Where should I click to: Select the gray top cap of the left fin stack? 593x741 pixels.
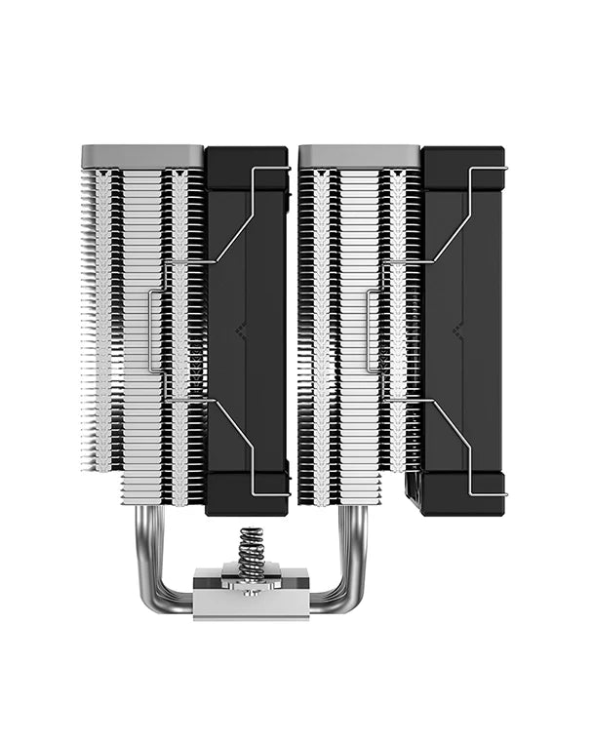(x=142, y=154)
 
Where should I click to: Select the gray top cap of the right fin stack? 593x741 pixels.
(x=359, y=154)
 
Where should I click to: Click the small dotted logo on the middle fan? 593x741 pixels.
(x=241, y=331)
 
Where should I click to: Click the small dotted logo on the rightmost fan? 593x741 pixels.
(x=457, y=331)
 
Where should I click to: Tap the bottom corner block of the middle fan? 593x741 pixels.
(x=247, y=492)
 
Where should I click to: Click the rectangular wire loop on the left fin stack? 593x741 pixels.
(x=153, y=331)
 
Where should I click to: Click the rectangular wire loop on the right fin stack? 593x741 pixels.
(x=371, y=331)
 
